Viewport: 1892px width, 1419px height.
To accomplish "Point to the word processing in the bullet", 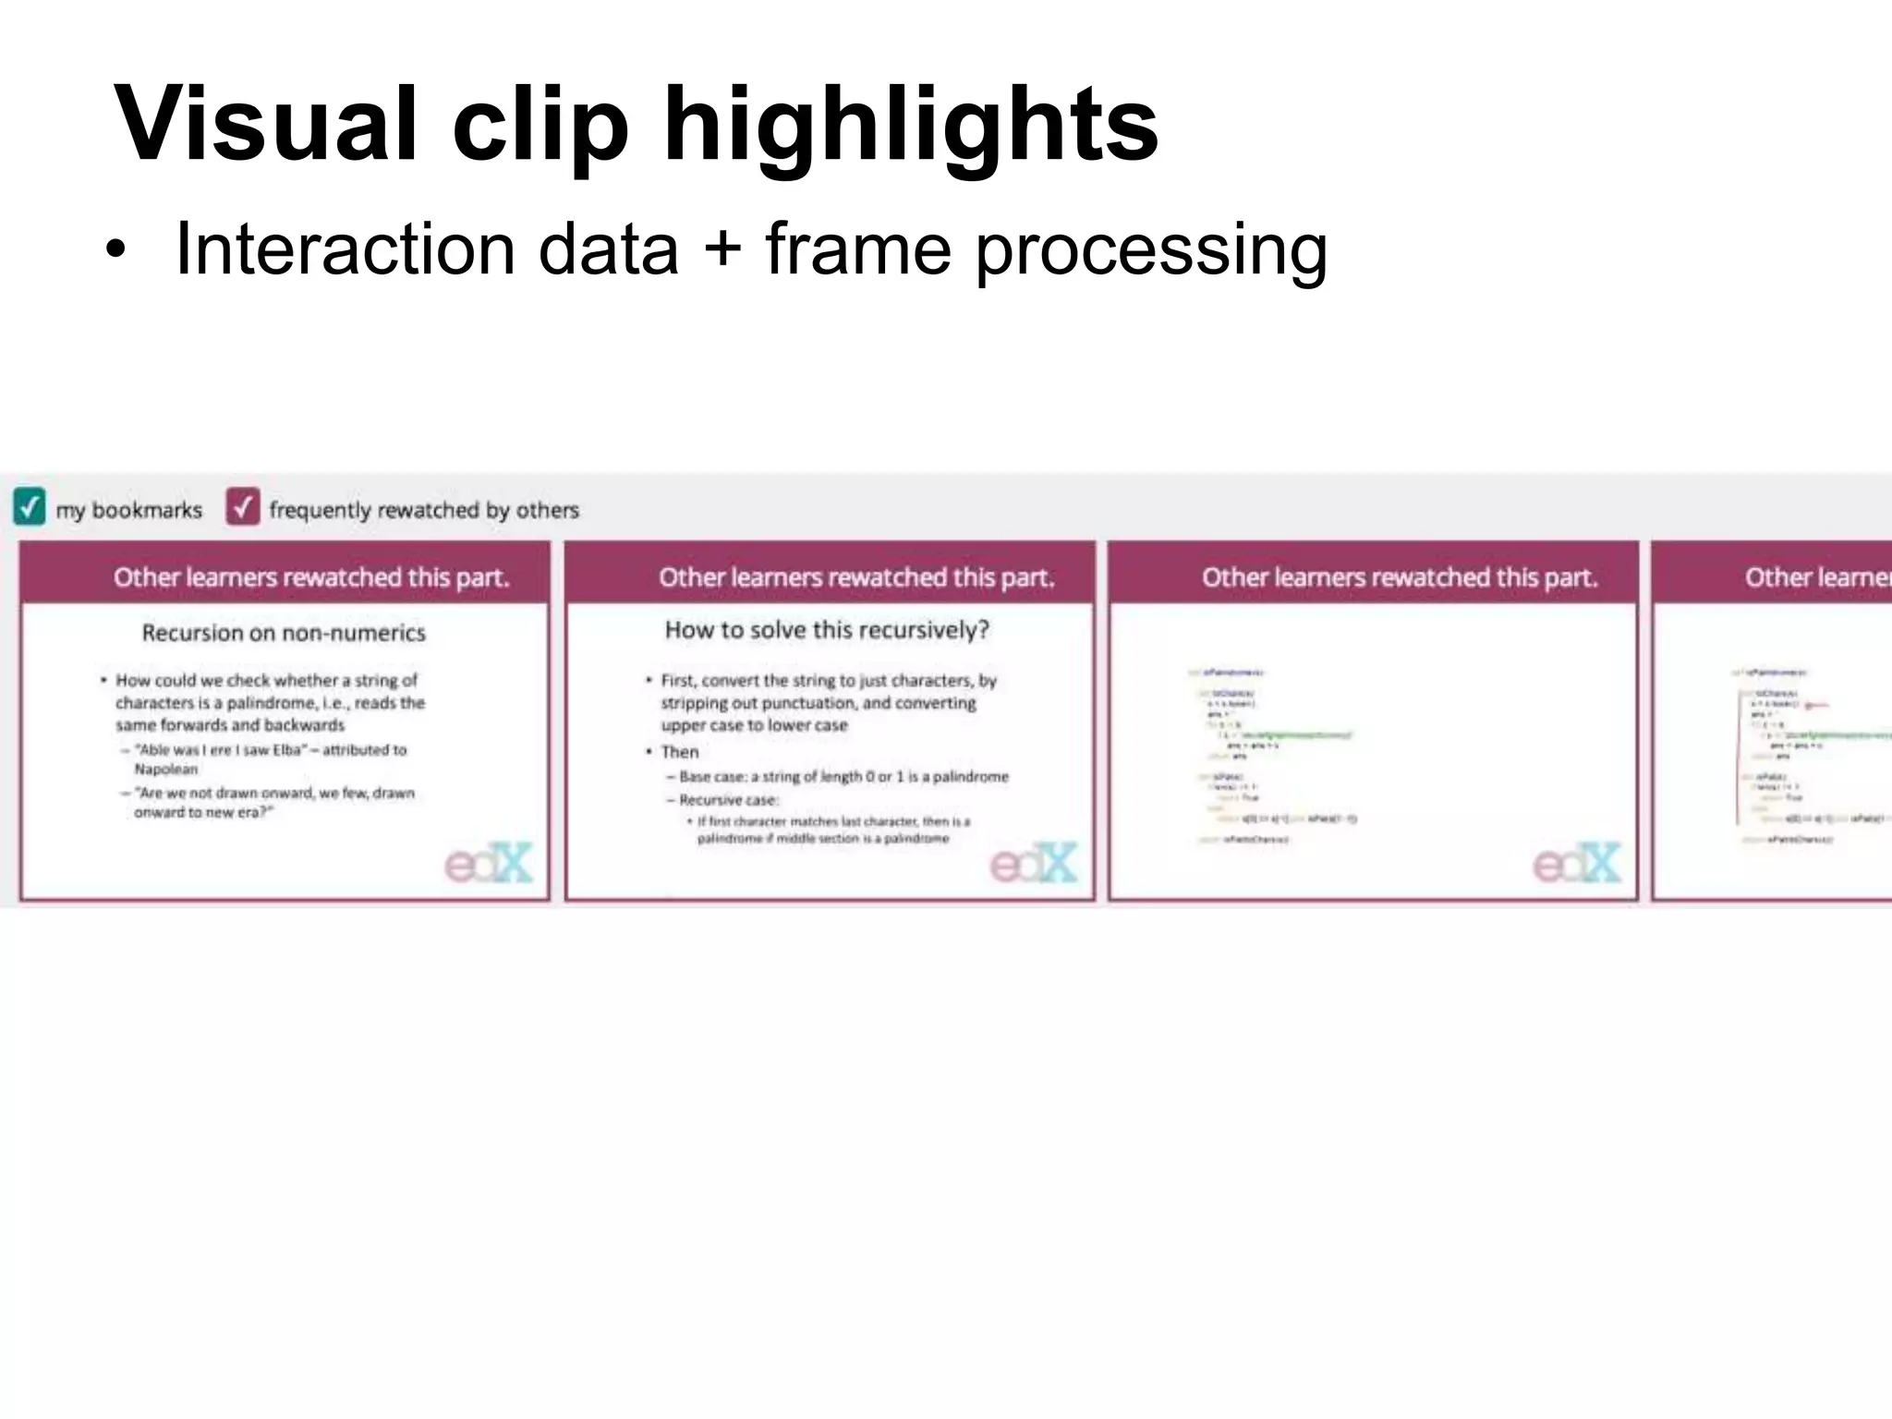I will point(1151,251).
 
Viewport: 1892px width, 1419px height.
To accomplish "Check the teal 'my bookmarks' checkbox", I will point(30,506).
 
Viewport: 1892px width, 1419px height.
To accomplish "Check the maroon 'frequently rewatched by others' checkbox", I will point(243,506).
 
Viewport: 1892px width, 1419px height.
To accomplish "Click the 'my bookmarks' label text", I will point(128,510).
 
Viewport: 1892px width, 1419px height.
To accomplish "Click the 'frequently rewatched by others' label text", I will point(424,510).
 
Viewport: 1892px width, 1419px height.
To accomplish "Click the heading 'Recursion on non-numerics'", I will point(284,633).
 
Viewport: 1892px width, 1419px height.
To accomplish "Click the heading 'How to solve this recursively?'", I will point(827,630).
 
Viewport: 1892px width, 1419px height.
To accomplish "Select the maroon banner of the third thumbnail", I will point(1374,574).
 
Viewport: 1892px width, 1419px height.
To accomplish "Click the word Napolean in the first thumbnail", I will point(166,770).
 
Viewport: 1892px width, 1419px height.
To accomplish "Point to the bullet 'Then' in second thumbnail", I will point(680,752).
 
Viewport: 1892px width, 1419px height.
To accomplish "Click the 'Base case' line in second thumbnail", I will point(843,777).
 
